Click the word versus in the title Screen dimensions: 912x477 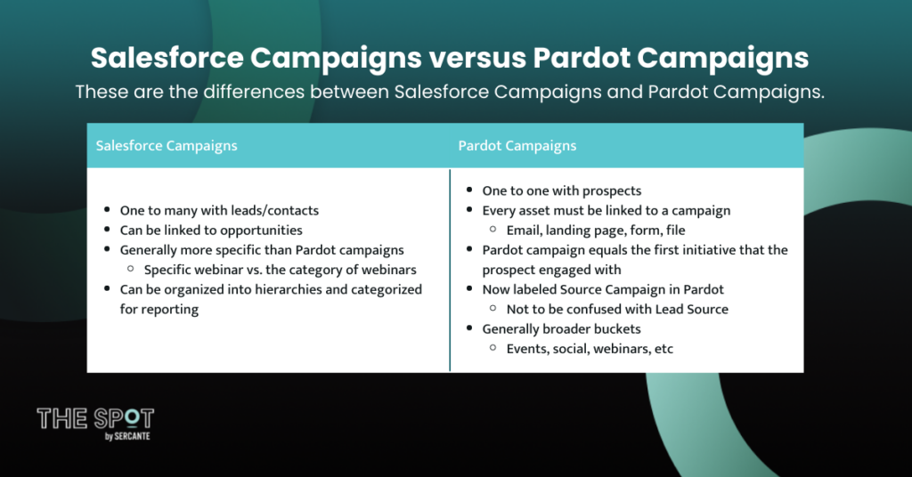pos(477,58)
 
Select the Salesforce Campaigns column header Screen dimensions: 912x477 pos(167,146)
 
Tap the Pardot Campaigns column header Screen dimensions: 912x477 pos(517,146)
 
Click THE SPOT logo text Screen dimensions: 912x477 pos(95,418)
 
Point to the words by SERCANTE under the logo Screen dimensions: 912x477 pos(127,436)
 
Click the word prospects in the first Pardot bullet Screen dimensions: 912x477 pos(612,191)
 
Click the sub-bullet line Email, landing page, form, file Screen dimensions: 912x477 pos(596,230)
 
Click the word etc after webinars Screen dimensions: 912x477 pos(664,349)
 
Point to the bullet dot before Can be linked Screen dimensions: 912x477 pos(107,230)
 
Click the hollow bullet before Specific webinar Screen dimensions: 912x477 pos(131,269)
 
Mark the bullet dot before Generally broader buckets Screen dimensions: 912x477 pos(469,328)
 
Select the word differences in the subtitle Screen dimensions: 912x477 pos(254,92)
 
